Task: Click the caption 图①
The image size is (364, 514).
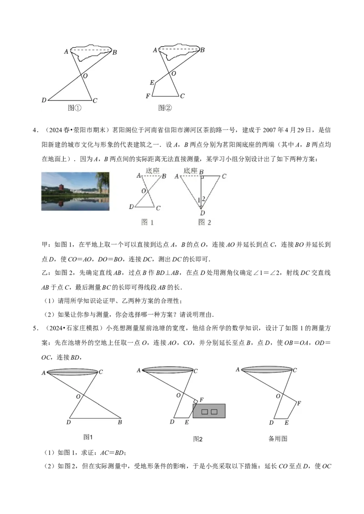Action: click(x=74, y=108)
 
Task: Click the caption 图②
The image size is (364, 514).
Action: click(x=165, y=108)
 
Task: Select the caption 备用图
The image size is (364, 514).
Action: click(x=278, y=439)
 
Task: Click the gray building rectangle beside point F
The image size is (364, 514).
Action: click(x=209, y=411)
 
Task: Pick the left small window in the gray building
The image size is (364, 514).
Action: click(x=205, y=412)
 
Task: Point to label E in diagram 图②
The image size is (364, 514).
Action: click(x=152, y=83)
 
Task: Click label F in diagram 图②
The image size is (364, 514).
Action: click(x=147, y=96)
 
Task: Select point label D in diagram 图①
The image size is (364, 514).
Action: click(x=44, y=100)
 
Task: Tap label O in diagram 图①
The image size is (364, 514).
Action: click(x=85, y=76)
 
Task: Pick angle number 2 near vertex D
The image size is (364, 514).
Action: click(x=204, y=198)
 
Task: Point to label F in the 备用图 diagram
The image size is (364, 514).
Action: click(x=299, y=403)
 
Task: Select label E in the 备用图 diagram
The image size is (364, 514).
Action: click(x=286, y=423)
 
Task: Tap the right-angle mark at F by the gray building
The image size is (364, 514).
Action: click(x=196, y=401)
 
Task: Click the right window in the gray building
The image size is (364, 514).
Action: click(x=214, y=412)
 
